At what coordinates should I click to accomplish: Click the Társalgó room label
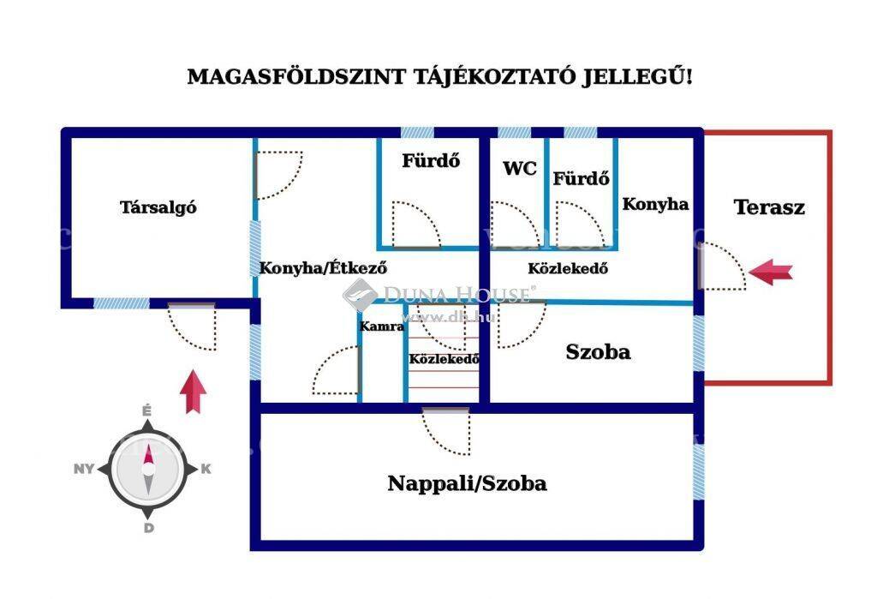[158, 207]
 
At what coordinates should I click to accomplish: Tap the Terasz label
[769, 207]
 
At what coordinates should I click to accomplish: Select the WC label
[520, 168]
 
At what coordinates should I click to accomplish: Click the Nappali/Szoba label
[467, 483]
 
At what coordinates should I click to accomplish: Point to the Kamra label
[381, 326]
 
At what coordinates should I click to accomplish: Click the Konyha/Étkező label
[323, 267]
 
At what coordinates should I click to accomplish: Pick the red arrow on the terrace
[770, 273]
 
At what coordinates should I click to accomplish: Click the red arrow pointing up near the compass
[193, 392]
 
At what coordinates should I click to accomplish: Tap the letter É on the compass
[146, 411]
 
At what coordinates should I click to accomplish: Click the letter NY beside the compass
[84, 469]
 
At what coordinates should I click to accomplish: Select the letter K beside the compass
[206, 469]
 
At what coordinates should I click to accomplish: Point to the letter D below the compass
[148, 528]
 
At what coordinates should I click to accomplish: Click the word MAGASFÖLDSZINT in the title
[295, 76]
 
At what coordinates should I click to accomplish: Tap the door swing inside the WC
[516, 225]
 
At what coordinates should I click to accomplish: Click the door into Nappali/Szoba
[445, 432]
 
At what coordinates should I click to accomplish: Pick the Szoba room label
[598, 351]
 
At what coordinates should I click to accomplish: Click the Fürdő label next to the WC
[582, 178]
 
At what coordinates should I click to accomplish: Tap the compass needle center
[147, 469]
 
